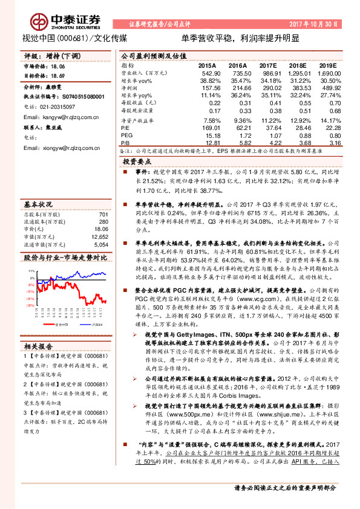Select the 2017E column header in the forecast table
[x=267, y=64]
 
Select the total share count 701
[x=103, y=198]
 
